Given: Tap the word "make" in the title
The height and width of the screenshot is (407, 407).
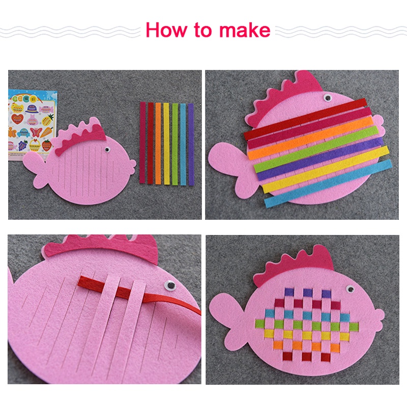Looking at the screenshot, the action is click(245, 30).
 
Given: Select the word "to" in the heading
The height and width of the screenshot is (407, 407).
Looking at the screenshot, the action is click(203, 31).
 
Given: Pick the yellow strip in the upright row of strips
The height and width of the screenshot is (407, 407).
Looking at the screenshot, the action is click(166, 143).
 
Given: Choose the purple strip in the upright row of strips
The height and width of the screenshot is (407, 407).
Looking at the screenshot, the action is click(191, 144).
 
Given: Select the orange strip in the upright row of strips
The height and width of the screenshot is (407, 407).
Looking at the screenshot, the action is click(158, 143).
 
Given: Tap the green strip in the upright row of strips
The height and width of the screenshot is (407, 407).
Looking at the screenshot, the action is click(175, 144).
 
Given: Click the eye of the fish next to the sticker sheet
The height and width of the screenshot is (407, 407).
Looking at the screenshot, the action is click(107, 150).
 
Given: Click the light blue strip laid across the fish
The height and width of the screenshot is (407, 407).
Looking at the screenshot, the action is click(328, 183).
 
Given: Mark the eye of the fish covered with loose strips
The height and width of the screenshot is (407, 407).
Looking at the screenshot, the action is click(328, 98).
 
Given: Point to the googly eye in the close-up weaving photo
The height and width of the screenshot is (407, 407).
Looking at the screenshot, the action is click(170, 286).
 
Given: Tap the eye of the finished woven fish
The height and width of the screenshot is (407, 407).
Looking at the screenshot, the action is click(350, 288).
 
